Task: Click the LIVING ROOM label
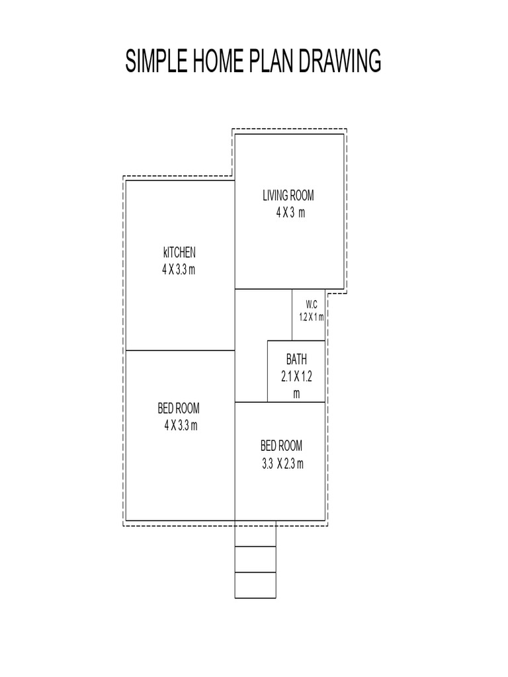(288, 195)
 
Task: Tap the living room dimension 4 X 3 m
(290, 212)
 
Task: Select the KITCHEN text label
(179, 252)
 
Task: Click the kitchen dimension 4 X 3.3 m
(179, 269)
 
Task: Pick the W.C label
(312, 304)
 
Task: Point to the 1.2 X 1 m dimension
(311, 317)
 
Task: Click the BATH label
(296, 360)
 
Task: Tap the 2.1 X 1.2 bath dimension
(296, 377)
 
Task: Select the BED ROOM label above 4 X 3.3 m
(179, 408)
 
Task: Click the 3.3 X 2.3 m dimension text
(282, 463)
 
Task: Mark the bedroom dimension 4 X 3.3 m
(181, 424)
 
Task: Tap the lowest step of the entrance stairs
(255, 584)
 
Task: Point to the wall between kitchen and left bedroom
(180, 350)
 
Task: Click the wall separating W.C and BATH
(308, 341)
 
